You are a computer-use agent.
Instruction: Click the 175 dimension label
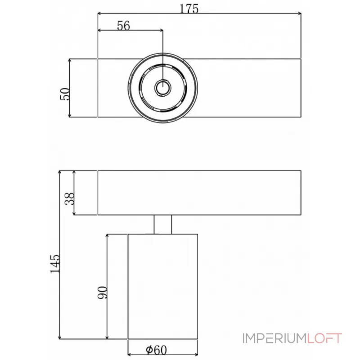pos(189,9)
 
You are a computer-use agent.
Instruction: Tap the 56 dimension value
pos(123,26)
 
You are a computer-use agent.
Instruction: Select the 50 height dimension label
pos(65,94)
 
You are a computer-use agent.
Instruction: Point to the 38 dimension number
pos(70,198)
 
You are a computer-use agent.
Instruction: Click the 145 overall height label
pos(55,264)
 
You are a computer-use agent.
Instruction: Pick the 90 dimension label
pos(103,292)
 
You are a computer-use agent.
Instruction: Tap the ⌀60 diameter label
pos(156,350)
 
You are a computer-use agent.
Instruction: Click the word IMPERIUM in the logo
pos(274,338)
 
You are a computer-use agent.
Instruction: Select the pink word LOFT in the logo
pos(324,338)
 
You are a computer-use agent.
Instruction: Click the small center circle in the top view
pos(163,88)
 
